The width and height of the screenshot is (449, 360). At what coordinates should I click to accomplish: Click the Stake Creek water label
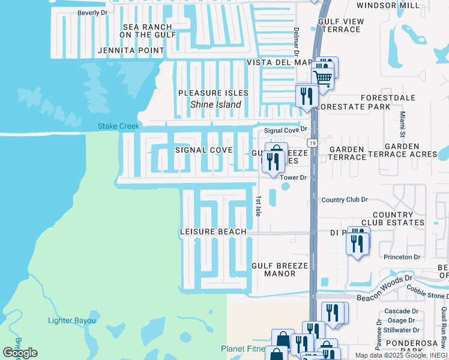pyautogui.click(x=119, y=126)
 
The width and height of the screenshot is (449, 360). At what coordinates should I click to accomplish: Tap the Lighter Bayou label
pyautogui.click(x=71, y=320)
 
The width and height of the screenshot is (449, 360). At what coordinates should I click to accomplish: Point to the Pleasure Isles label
pyautogui.click(x=213, y=93)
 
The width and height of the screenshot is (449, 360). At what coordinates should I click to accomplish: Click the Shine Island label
pyautogui.click(x=215, y=104)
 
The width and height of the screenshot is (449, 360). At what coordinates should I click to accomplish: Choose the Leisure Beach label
pyautogui.click(x=213, y=232)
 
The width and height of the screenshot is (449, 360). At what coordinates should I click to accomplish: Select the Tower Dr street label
pyautogui.click(x=293, y=178)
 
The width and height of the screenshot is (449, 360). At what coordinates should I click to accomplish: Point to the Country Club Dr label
pyautogui.click(x=344, y=199)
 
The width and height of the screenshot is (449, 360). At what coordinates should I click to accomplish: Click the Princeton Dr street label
pyautogui.click(x=403, y=257)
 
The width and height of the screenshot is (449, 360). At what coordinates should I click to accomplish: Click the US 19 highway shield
pyautogui.click(x=312, y=143)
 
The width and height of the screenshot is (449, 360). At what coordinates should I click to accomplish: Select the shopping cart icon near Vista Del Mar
pyautogui.click(x=323, y=78)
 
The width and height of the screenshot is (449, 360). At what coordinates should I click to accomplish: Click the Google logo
pyautogui.click(x=20, y=352)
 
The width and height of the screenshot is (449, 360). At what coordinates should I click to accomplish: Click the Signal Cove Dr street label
pyautogui.click(x=286, y=130)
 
